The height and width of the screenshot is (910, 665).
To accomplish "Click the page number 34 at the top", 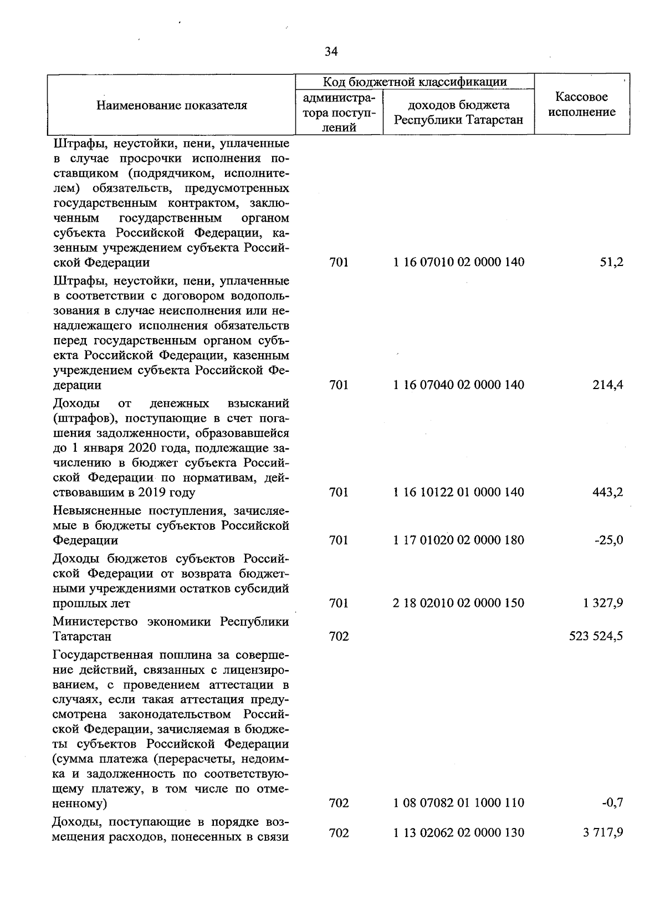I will [x=331, y=52].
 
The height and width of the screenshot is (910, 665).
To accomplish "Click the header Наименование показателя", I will [x=172, y=105].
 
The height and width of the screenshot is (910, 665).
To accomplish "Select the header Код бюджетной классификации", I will [x=415, y=82].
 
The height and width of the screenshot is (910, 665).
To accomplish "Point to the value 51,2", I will [x=611, y=262].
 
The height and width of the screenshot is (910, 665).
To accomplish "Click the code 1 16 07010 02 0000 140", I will [x=459, y=262].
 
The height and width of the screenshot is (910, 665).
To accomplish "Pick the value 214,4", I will [x=607, y=385].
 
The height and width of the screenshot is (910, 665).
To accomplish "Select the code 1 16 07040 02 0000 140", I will [x=459, y=385].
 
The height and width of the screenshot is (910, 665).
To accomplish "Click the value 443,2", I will [x=607, y=492].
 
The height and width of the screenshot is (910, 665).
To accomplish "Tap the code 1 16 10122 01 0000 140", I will [x=459, y=492].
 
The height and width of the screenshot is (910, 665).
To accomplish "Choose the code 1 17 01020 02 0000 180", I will [x=459, y=540].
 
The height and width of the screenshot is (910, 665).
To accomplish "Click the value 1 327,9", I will [x=603, y=603].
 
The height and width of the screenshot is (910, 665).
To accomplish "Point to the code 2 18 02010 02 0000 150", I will [x=459, y=603].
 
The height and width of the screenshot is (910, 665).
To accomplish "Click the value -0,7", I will [x=613, y=802].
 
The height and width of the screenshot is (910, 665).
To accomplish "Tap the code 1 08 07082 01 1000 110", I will [x=459, y=802].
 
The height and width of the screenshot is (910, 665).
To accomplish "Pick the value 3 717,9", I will [x=603, y=832].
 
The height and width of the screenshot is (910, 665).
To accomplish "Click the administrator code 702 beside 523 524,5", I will [x=339, y=636].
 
